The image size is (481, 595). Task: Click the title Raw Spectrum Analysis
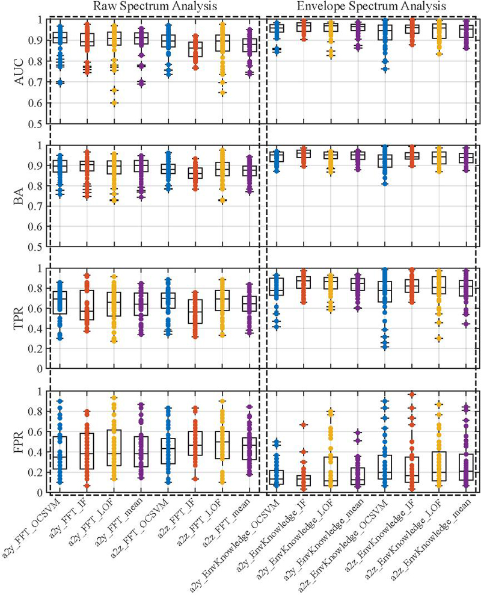click(x=155, y=6)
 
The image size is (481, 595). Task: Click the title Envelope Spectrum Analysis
click(x=371, y=6)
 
